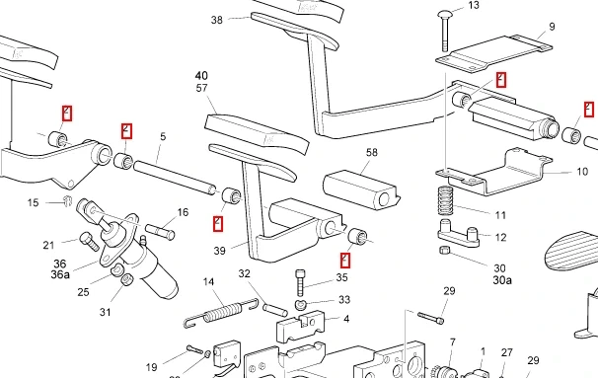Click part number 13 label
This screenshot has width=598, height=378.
474,5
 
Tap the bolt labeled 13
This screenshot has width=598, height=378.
445,32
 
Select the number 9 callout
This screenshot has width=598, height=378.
552,27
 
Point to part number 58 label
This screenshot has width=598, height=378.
371,153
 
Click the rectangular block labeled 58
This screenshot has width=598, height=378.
360,189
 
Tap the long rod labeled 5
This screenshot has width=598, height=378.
175,178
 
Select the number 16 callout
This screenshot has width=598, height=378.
184,212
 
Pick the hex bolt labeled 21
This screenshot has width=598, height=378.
89,242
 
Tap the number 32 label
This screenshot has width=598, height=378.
244,273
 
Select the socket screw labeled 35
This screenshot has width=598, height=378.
300,282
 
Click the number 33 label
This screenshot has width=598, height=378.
344,300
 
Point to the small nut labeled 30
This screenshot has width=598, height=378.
445,251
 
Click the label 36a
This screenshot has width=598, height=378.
60,274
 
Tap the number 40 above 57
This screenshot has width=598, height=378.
201,76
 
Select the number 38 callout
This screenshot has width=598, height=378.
217,20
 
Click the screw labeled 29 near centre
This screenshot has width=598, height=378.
430,318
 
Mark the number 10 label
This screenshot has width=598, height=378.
582,172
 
